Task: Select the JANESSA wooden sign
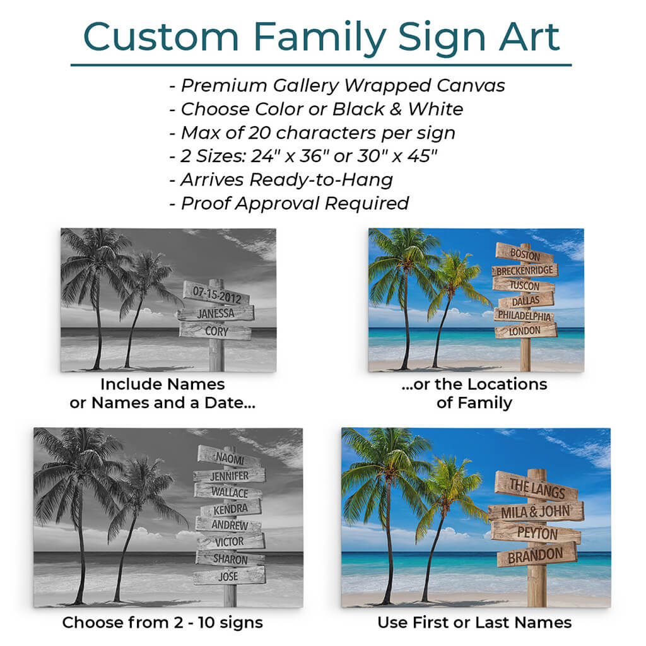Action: (x=216, y=314)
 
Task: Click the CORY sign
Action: (x=216, y=331)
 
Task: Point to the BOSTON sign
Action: (x=525, y=253)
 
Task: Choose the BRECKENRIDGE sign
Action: (x=525, y=270)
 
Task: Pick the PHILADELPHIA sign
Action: (x=524, y=315)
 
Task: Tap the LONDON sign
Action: (x=526, y=331)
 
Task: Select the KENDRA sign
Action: (x=231, y=509)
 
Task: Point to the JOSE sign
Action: (x=229, y=575)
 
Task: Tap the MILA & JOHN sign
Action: (x=536, y=512)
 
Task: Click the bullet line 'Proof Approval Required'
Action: (x=289, y=203)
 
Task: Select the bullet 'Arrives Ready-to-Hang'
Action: (x=281, y=180)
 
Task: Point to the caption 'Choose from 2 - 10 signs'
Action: (x=162, y=622)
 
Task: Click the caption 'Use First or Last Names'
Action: (x=474, y=622)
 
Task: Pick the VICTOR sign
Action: (x=230, y=542)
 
